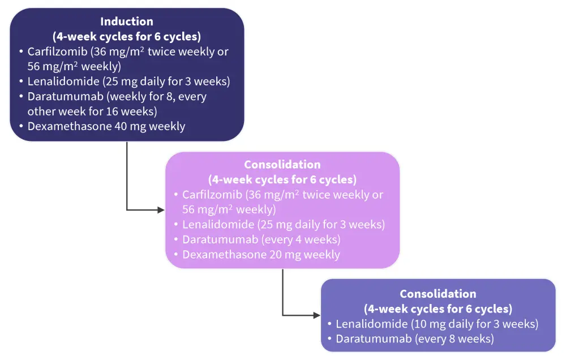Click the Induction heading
coord(127,22)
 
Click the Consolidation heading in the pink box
coord(282,165)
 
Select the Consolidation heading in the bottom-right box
coord(438,294)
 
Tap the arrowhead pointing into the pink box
coord(161,210)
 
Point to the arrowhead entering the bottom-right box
coord(316,315)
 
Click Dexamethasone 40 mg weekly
coord(106,126)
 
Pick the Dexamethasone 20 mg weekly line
coord(261,255)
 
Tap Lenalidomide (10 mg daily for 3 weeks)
coord(436,324)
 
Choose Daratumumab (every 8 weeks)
coord(414,339)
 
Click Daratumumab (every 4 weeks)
coord(261,239)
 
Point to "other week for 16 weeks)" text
coord(92,111)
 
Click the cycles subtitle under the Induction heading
coord(127,37)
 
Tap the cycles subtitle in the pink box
coord(282,180)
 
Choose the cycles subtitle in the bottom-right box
coord(438,309)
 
